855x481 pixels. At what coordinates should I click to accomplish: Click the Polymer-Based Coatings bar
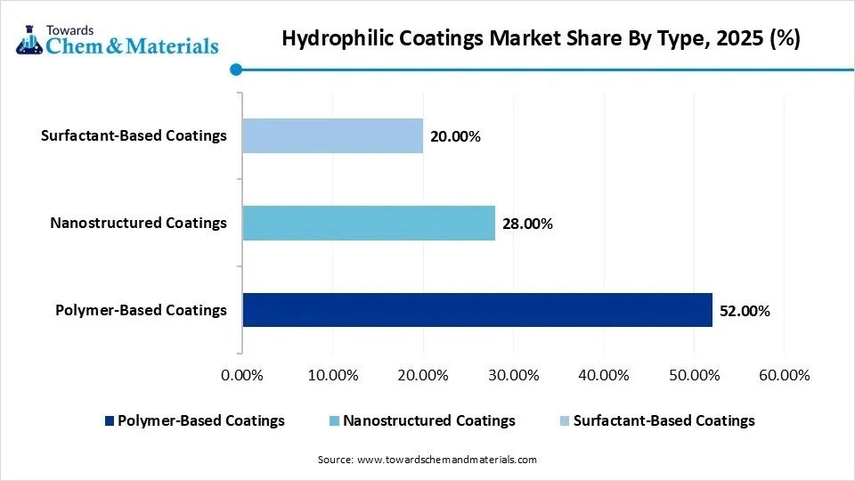477,310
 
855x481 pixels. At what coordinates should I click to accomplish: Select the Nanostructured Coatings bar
369,223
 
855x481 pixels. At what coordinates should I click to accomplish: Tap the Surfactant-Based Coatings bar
332,136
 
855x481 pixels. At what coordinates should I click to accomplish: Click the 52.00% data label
745,311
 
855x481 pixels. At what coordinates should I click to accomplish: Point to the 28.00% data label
527,224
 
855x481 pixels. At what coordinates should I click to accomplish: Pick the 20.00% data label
455,136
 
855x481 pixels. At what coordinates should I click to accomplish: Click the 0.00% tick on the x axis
241,375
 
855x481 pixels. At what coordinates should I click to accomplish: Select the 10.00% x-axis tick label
332,375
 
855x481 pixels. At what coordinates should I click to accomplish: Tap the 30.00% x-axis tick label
513,375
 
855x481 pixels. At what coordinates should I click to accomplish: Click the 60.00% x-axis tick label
784,375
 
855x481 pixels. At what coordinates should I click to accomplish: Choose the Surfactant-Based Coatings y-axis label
134,135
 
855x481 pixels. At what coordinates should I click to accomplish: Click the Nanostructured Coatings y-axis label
138,223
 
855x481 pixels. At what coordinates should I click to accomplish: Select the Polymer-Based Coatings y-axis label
141,310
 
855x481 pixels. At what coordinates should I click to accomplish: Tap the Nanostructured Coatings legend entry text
428,420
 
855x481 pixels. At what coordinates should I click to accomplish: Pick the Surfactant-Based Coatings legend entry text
664,420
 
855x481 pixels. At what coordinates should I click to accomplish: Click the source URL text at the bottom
446,460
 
